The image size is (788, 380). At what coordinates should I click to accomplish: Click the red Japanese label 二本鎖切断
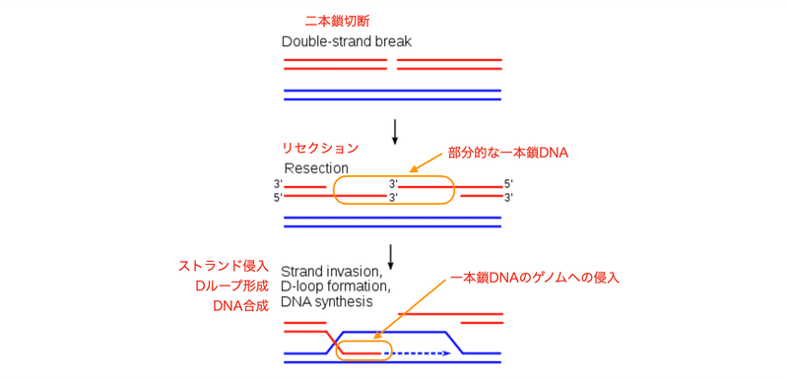[338, 21]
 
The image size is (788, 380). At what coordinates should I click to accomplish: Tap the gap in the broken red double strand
[392, 64]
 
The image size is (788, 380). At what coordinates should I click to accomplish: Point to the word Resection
[317, 168]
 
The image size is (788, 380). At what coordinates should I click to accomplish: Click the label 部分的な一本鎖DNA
[508, 154]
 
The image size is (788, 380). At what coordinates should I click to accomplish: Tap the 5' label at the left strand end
[278, 198]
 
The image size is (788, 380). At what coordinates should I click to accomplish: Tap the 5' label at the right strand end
[508, 184]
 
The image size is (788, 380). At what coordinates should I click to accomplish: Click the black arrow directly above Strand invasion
[392, 255]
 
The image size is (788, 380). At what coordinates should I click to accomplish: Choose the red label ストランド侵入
[223, 266]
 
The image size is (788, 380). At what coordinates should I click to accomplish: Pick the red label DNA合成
[240, 305]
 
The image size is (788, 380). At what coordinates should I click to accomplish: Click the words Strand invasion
[331, 271]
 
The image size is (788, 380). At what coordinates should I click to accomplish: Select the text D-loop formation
[336, 285]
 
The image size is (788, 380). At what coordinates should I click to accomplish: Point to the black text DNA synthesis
[329, 301]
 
